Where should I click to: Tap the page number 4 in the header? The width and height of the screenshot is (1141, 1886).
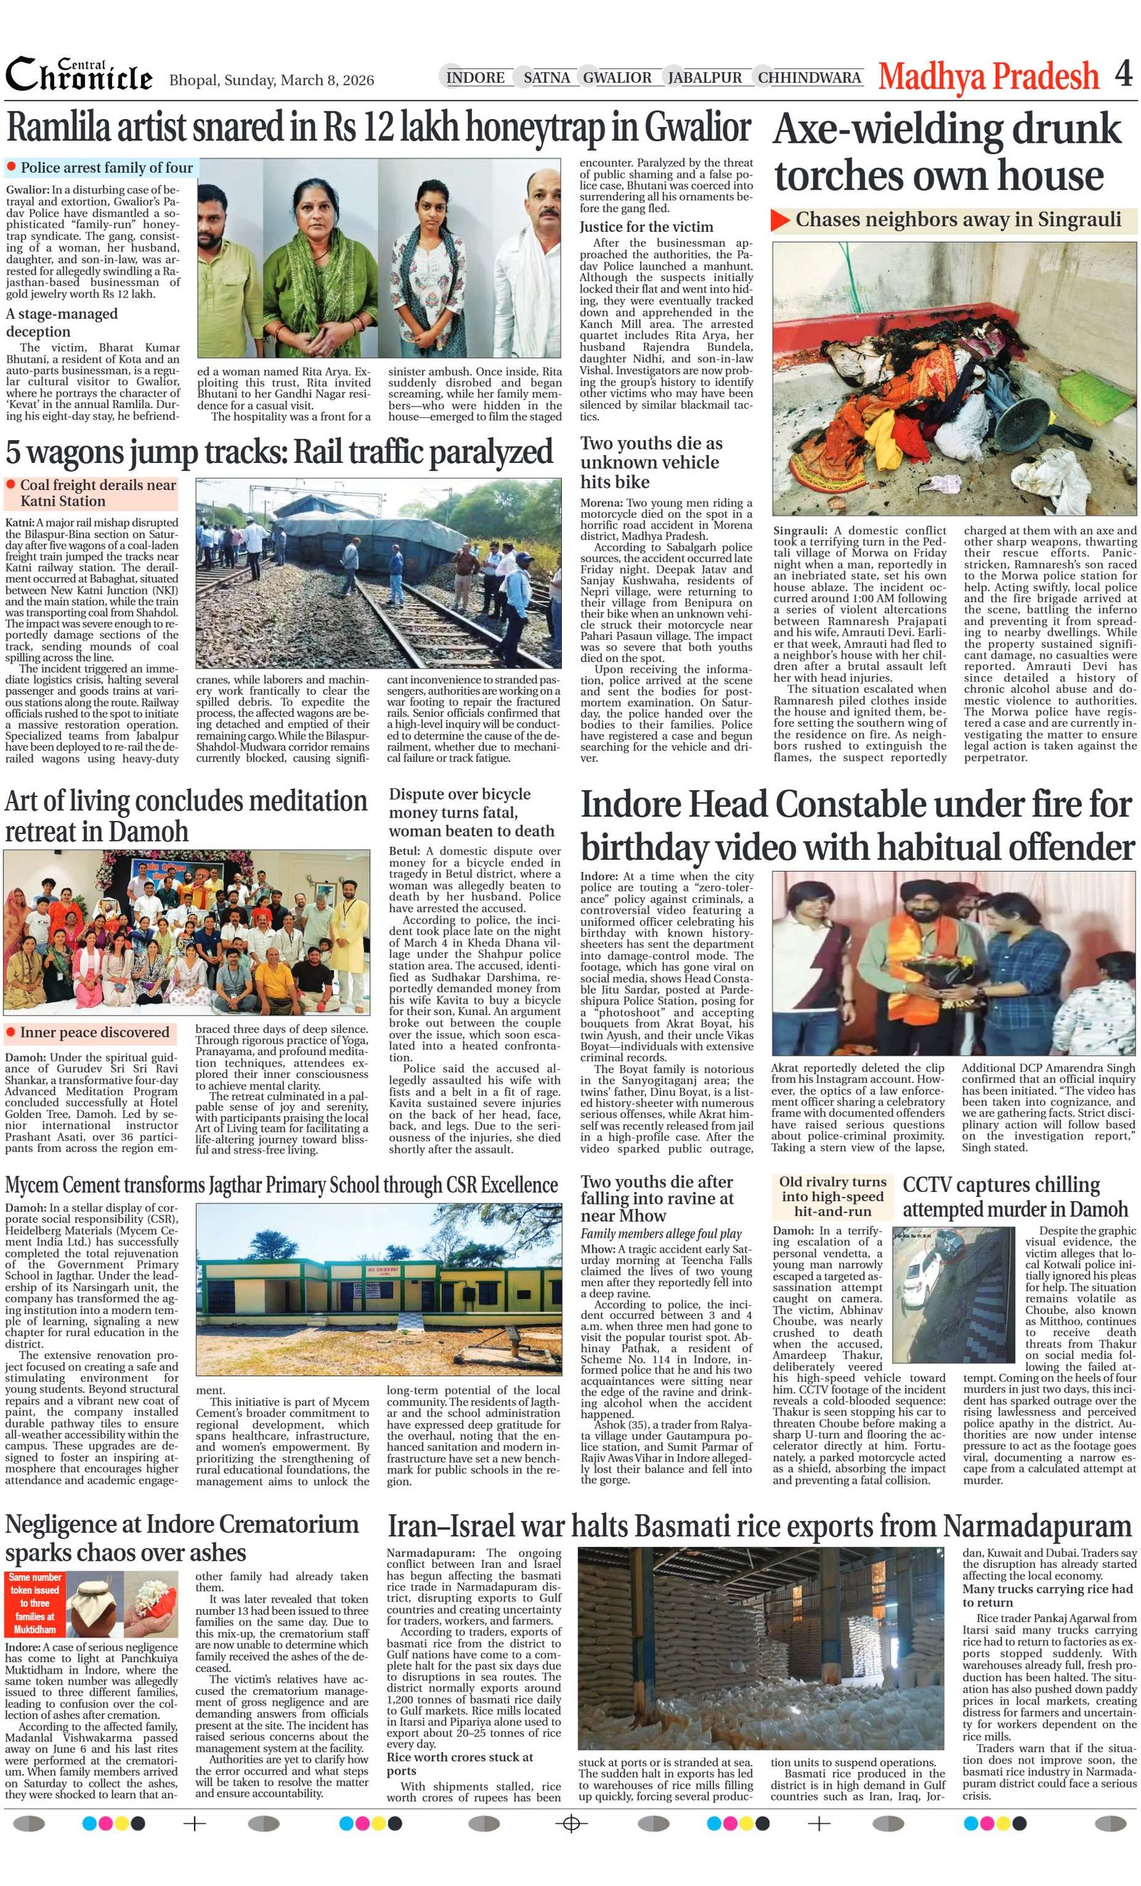coord(1122,74)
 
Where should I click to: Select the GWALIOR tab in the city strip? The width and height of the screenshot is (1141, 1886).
coord(617,77)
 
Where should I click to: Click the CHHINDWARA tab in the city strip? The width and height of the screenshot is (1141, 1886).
coord(809,77)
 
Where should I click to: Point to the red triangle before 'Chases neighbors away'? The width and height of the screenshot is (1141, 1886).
coord(779,220)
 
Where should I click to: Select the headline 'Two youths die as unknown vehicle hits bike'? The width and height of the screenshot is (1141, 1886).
coord(650,462)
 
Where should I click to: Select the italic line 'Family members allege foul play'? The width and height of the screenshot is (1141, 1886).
coord(660,1233)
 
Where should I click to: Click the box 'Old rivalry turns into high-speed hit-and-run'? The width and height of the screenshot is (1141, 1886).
coord(833,1196)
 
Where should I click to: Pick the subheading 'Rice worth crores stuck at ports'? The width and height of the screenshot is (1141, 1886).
coord(459,1763)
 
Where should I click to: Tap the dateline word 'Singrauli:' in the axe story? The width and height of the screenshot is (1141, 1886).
coord(799,531)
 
